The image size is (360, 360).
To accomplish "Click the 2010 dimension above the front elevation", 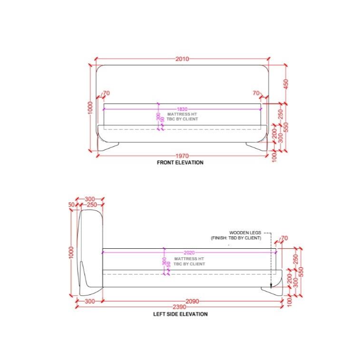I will (182, 59).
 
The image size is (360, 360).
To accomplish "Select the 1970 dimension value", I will (182, 156).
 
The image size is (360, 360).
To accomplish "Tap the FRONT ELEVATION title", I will (180, 163).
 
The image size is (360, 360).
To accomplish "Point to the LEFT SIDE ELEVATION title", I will (180, 314).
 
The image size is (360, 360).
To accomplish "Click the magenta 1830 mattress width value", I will (182, 109).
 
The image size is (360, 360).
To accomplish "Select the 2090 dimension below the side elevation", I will (192, 302).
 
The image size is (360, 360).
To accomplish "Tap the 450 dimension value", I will (286, 83).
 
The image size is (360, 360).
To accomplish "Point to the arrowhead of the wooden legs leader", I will (271, 286).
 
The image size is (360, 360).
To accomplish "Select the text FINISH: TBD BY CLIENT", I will (236, 238).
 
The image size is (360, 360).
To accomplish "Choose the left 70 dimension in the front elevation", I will (106, 93).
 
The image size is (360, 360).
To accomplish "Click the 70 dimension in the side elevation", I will (284, 238).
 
